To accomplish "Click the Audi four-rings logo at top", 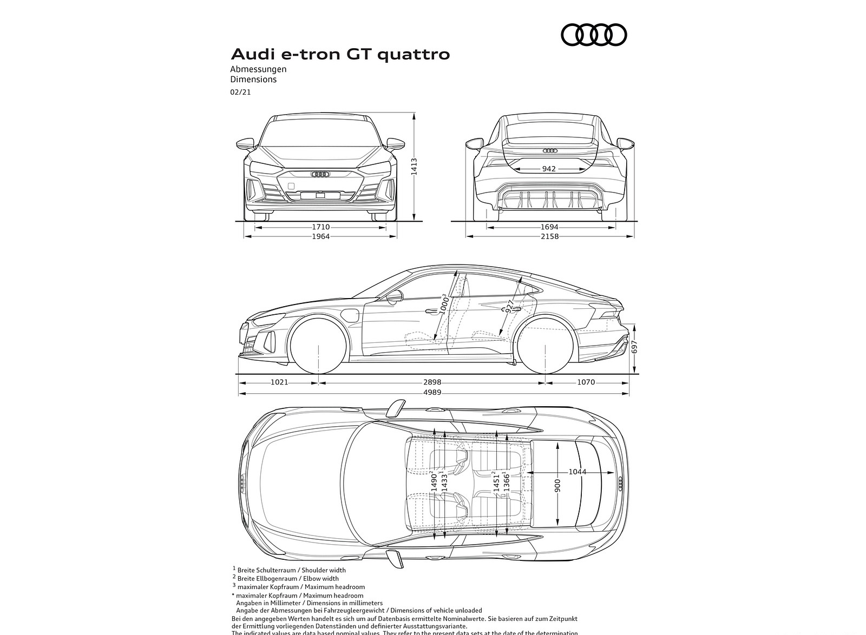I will tap(594, 35).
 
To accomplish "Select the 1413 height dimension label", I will tap(414, 166).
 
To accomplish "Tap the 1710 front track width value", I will tap(320, 228).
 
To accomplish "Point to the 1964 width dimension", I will tap(320, 236).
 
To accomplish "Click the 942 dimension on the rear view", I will tap(549, 169).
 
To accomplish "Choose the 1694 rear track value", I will tap(549, 228).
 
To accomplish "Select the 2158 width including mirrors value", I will tap(549, 236).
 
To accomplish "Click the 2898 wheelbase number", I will tap(431, 382).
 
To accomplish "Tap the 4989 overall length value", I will tap(431, 392).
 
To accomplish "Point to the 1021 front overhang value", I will tap(279, 382).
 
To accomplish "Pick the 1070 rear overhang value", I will tap(586, 382).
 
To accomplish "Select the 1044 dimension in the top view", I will tap(577, 472).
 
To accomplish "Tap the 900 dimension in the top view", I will tap(558, 485).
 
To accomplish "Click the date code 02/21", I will tap(240, 92).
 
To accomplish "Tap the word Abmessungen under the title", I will tap(258, 69).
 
